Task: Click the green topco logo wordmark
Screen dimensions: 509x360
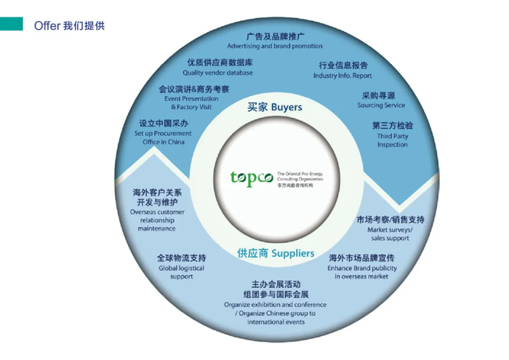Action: click(252, 178)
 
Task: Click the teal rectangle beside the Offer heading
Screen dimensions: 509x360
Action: click(12, 24)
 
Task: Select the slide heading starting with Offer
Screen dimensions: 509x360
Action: click(70, 25)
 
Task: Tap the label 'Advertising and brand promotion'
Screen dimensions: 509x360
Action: click(275, 46)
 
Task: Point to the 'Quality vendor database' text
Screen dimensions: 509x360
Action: click(217, 73)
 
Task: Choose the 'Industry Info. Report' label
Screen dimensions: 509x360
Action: click(342, 76)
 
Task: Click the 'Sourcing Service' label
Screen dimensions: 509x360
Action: click(381, 105)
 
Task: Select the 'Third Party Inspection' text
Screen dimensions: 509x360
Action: click(393, 140)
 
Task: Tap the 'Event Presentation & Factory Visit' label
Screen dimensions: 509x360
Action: click(191, 103)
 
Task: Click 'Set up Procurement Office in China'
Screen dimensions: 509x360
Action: click(163, 137)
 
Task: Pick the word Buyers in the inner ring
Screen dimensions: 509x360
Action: click(286, 108)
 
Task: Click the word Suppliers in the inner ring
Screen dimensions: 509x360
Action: click(293, 253)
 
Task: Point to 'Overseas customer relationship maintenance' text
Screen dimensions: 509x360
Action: click(157, 220)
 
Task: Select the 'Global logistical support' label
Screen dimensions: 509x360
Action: click(182, 272)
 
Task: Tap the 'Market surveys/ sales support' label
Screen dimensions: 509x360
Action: click(390, 233)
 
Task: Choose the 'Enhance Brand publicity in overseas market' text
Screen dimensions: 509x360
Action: click(362, 272)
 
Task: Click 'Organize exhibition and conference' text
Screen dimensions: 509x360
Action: click(276, 305)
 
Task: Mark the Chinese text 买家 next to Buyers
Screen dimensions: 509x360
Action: click(257, 107)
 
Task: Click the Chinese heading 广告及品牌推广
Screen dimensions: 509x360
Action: click(271, 36)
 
